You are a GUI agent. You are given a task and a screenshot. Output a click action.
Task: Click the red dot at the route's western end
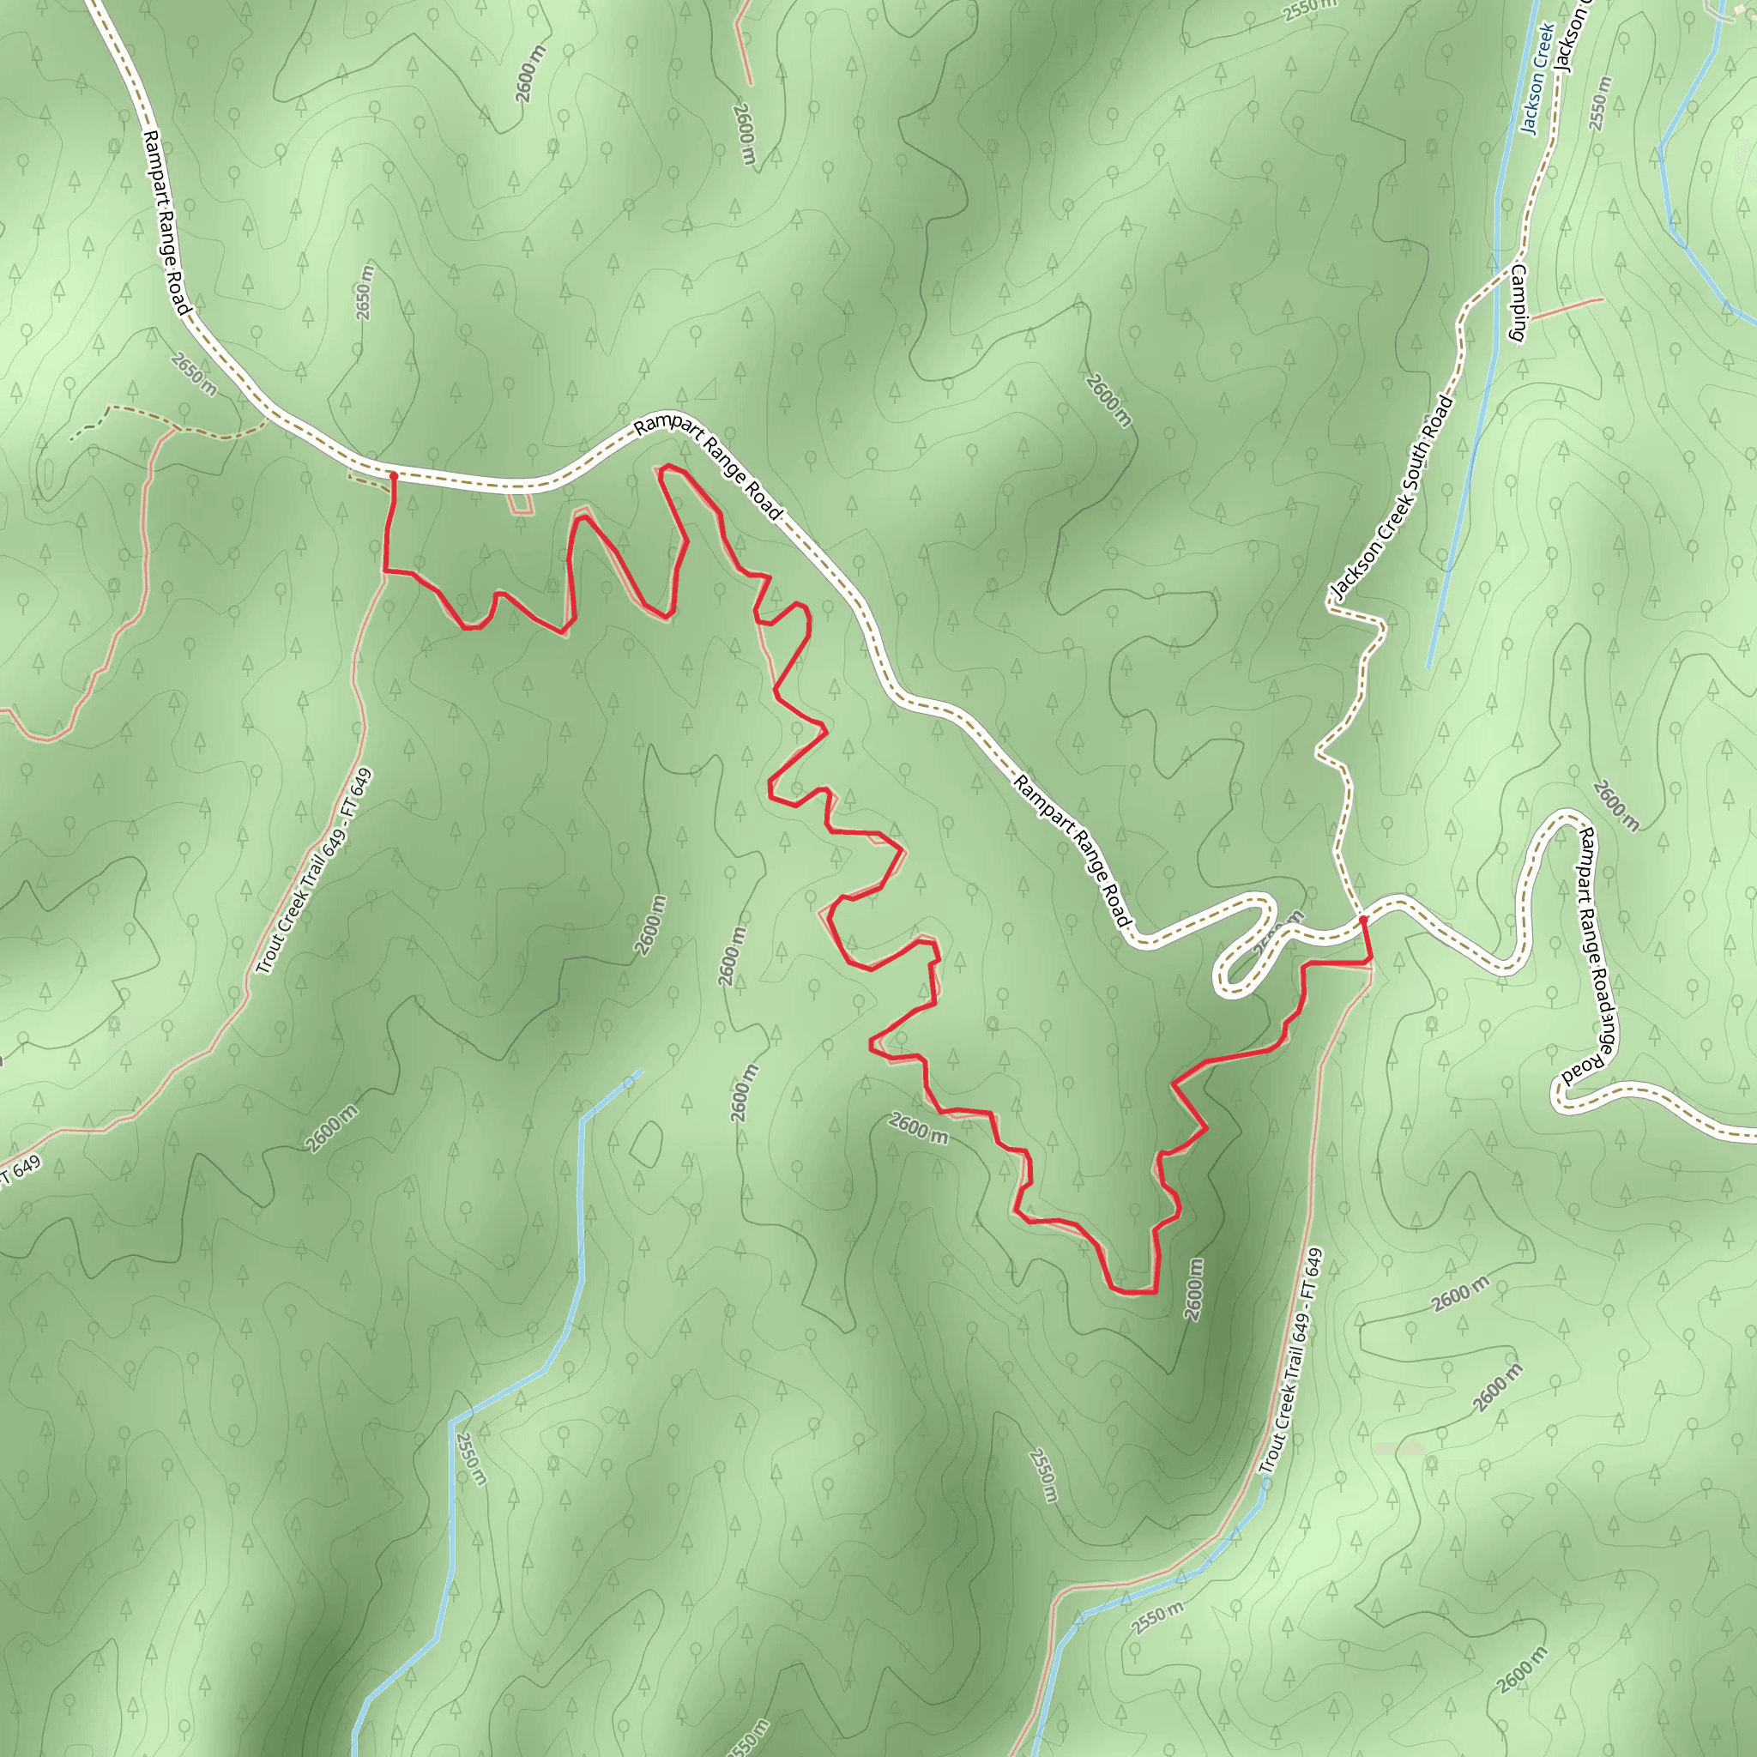[x=394, y=475]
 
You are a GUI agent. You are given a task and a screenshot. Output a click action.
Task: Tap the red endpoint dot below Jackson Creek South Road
[x=1363, y=921]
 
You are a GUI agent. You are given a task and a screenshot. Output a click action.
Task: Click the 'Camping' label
[x=1519, y=304]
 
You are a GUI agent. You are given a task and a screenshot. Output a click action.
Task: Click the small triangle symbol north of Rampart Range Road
[x=707, y=391]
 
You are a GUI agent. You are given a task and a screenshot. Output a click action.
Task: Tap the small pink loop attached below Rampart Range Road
[x=520, y=503]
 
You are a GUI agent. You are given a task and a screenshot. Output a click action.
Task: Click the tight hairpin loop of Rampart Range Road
[x=1241, y=964]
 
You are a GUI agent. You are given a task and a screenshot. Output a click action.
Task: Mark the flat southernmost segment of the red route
[x=1135, y=1291]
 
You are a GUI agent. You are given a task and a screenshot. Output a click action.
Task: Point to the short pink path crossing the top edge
[x=743, y=41]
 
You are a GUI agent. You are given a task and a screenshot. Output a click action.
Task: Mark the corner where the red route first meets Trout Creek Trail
[x=387, y=571]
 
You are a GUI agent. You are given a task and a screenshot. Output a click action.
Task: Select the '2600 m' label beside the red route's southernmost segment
[x=1194, y=1289]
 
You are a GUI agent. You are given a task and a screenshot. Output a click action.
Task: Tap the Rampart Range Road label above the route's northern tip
[x=708, y=468]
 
